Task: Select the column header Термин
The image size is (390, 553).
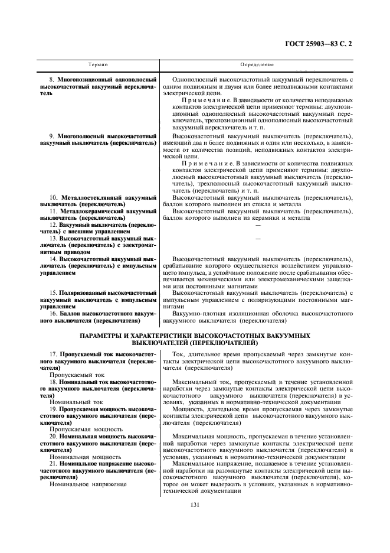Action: pyautogui.click(x=98, y=64)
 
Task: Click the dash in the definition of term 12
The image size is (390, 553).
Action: pyautogui.click(x=257, y=225)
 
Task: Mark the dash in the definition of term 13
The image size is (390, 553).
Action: pyautogui.click(x=257, y=238)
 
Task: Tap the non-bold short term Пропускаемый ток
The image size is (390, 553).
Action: pyautogui.click(x=77, y=375)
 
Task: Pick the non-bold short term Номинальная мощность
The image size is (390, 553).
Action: pyautogui.click(x=86, y=457)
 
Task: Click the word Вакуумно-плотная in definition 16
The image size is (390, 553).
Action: pyautogui.click(x=199, y=314)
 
